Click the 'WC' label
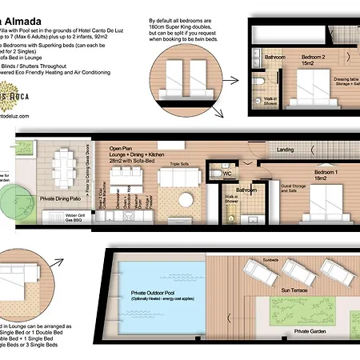pyautogui.click(x=227, y=172)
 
